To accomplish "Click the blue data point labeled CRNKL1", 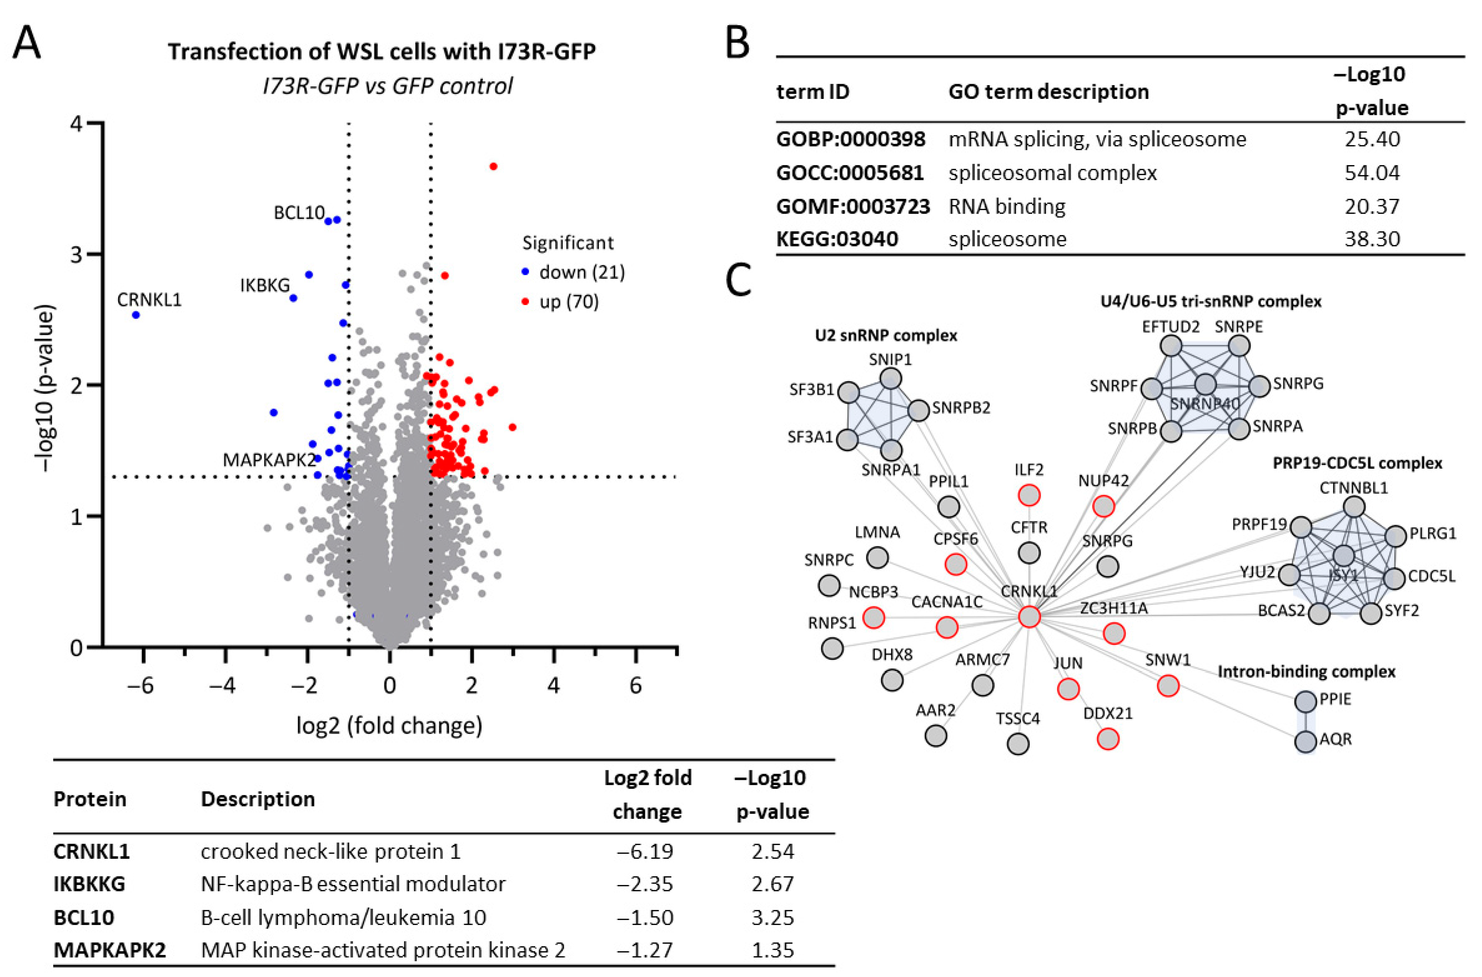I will pyautogui.click(x=136, y=315).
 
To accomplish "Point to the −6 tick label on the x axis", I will pyautogui.click(x=140, y=685).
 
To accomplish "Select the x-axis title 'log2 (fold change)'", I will pyautogui.click(x=389, y=725).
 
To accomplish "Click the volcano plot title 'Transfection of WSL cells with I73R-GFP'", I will pyautogui.click(x=382, y=51).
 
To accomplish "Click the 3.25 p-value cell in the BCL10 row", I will pyautogui.click(x=772, y=917).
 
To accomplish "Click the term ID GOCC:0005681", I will pyautogui.click(x=850, y=173).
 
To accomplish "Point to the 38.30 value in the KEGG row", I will pyautogui.click(x=1372, y=238).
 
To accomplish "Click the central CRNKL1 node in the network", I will pyautogui.click(x=1029, y=617).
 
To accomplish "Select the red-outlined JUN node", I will pyautogui.click(x=1068, y=689).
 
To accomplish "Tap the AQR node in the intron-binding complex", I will pyautogui.click(x=1305, y=742).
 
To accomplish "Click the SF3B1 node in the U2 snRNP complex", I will pyautogui.click(x=848, y=393).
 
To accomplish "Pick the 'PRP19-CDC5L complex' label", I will pyautogui.click(x=1357, y=463).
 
